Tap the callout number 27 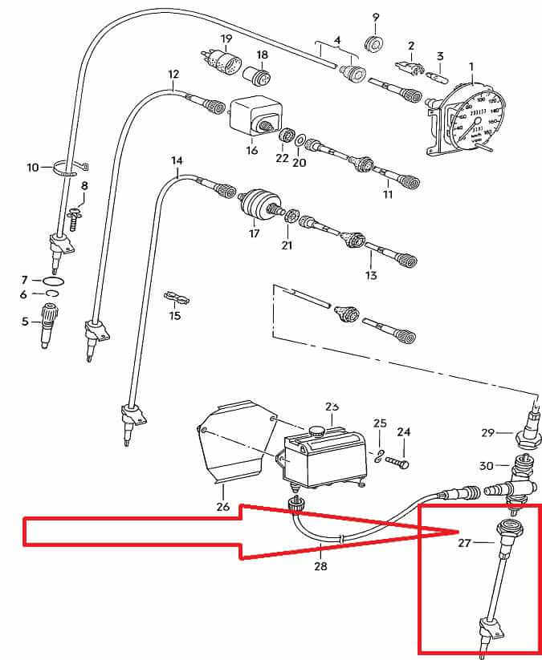coord(465,543)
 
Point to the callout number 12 coord(173,75)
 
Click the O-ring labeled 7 coord(54,281)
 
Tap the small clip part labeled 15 coord(177,299)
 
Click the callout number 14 coord(177,161)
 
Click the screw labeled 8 coord(74,216)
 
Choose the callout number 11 coord(388,194)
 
